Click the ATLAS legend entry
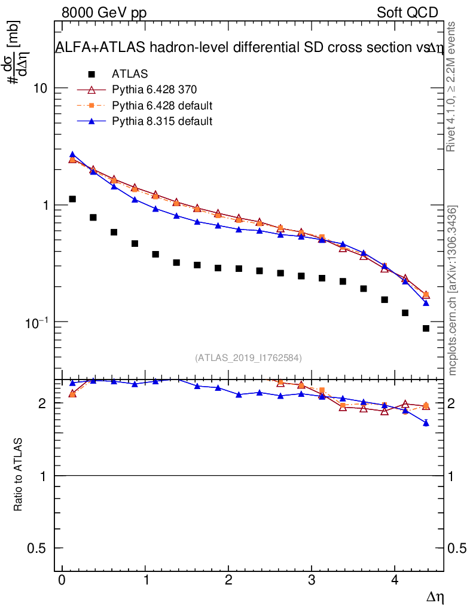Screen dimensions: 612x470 [130, 74]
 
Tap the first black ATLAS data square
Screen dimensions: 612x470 [72, 199]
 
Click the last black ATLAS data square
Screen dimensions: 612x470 [426, 328]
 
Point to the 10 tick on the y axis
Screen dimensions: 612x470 [39, 88]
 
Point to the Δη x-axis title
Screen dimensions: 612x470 [435, 596]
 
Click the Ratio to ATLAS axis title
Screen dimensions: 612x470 [19, 475]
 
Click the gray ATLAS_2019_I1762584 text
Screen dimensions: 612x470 [248, 358]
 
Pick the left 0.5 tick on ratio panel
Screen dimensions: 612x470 [40, 548]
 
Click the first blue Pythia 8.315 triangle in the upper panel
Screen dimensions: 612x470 [72, 155]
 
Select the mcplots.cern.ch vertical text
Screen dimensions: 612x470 [453, 290]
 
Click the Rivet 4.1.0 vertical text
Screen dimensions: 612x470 [453, 87]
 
